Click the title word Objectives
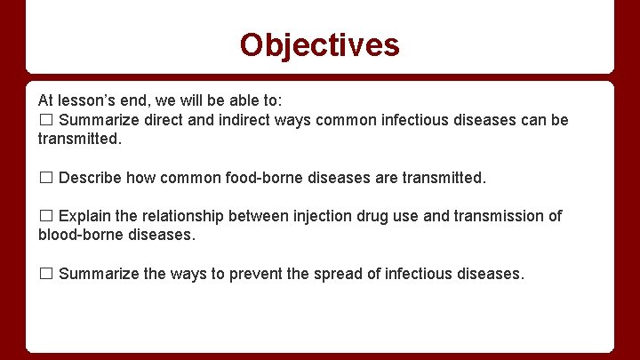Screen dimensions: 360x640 coord(319,44)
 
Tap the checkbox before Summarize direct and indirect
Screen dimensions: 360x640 coord(46,120)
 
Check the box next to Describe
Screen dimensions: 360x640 coord(46,178)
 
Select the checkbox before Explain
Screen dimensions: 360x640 coord(46,216)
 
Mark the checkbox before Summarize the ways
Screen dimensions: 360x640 coord(46,274)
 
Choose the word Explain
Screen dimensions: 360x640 coord(84,216)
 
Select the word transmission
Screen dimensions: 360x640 coord(499,216)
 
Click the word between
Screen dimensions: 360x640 coord(253,216)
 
